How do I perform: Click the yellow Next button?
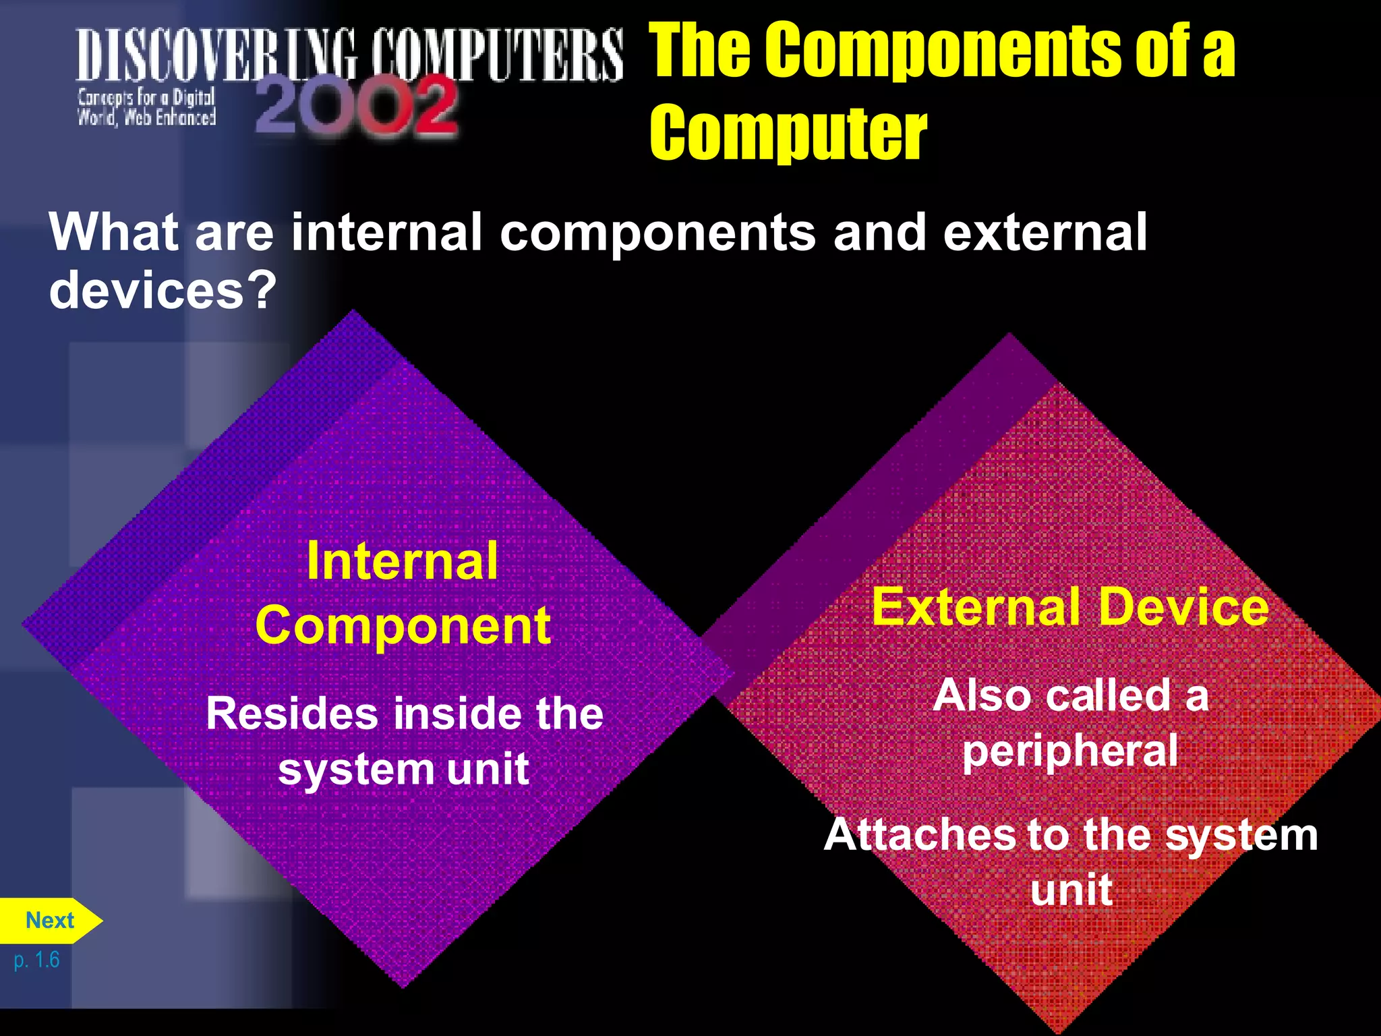click(49, 920)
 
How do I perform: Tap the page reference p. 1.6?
click(36, 959)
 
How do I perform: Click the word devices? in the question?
click(163, 290)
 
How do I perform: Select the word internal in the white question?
click(386, 232)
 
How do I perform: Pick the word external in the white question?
click(1045, 232)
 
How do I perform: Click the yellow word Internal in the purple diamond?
click(403, 561)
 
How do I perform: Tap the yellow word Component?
click(403, 626)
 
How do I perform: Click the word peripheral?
click(1070, 751)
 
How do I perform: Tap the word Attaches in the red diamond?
click(920, 834)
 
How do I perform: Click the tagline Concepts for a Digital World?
click(146, 107)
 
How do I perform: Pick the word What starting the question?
click(114, 232)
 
